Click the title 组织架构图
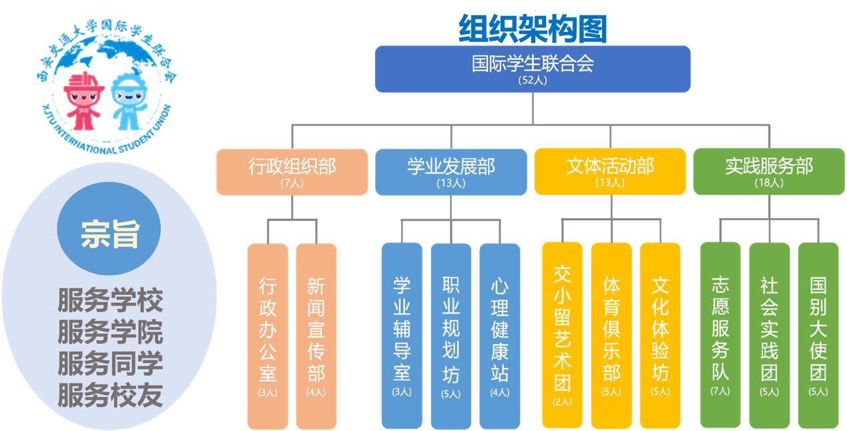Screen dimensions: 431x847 [532, 29]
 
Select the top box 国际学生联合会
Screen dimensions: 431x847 [532, 69]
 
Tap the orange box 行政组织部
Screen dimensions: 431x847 [292, 171]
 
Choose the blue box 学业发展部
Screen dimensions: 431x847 [451, 171]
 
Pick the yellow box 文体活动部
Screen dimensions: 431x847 [609, 171]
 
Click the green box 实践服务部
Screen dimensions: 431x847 [769, 171]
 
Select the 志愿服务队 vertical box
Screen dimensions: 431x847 [720, 334]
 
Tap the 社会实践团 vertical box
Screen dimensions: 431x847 [769, 334]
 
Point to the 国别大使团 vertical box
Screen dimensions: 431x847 [818, 334]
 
